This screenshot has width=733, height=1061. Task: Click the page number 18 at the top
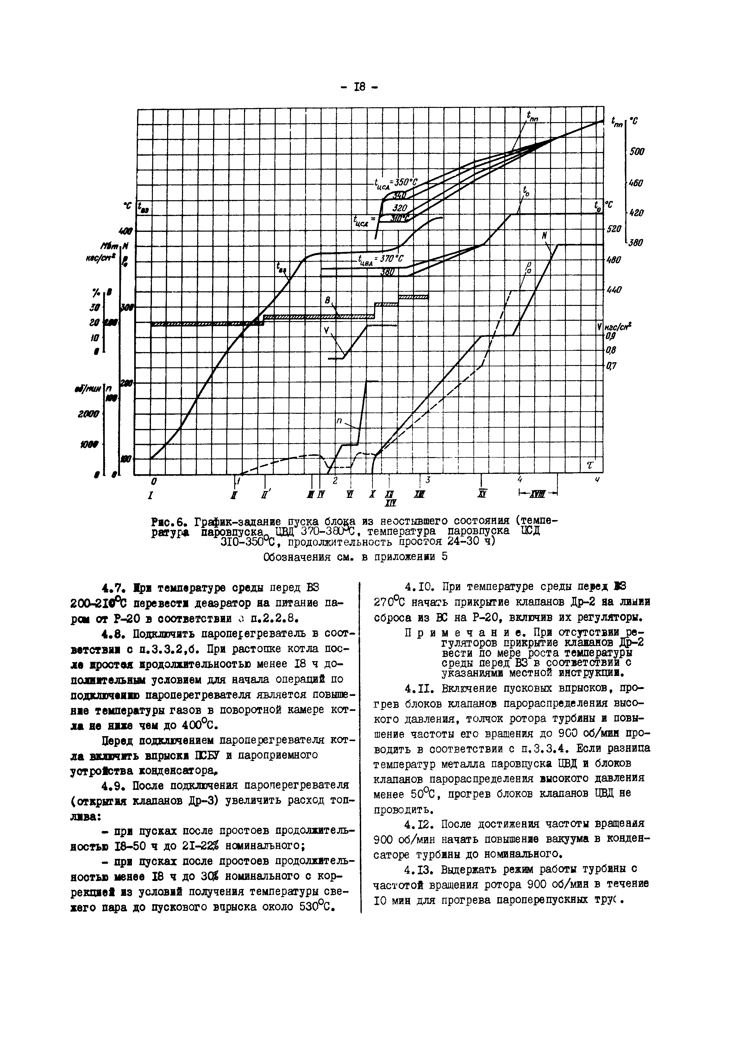click(x=360, y=87)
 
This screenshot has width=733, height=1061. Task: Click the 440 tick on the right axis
click(x=614, y=290)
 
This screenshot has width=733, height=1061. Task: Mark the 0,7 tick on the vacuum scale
click(x=611, y=366)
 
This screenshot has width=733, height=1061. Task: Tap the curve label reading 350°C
click(x=404, y=182)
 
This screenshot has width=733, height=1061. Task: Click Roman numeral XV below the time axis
click(x=481, y=494)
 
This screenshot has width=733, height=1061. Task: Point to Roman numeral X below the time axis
click(x=372, y=494)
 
